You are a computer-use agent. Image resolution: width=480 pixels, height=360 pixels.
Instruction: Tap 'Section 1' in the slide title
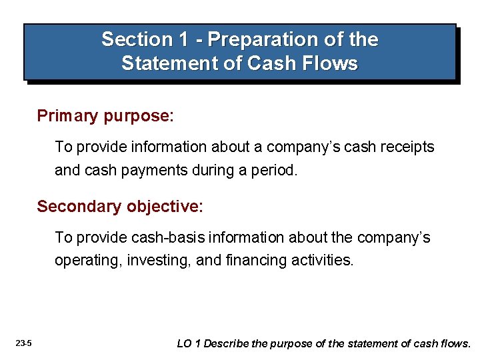[x=145, y=40]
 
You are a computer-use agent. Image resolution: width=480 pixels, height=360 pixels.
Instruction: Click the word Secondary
[x=77, y=207]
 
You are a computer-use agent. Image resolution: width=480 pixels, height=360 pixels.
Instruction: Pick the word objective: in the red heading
[x=162, y=207]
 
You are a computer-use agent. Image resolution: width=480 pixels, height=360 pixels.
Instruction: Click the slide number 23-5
[x=24, y=344]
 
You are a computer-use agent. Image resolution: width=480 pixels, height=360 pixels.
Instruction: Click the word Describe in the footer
[x=226, y=344]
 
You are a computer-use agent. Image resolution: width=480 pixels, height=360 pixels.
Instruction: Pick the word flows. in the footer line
[x=455, y=344]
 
